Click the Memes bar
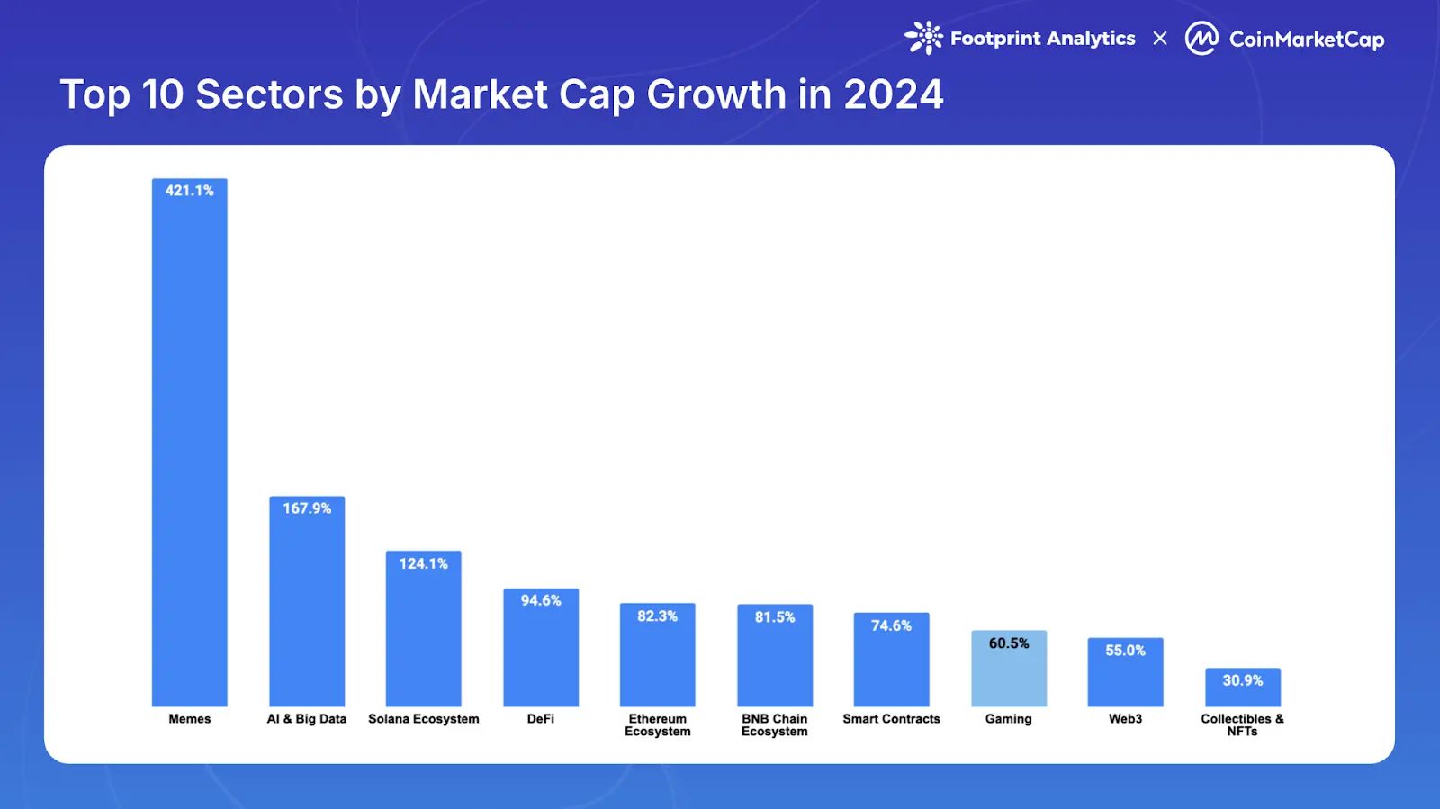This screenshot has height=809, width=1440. (x=189, y=450)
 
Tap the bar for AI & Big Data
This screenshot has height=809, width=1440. (x=307, y=612)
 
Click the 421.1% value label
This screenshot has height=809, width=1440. (x=189, y=191)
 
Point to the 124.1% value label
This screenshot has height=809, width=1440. (x=423, y=563)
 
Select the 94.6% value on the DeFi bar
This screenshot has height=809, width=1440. (x=540, y=600)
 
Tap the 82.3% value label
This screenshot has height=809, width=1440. (x=657, y=616)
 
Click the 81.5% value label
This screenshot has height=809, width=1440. (x=774, y=617)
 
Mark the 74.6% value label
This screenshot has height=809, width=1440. (x=891, y=625)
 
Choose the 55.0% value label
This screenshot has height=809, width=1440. (x=1125, y=651)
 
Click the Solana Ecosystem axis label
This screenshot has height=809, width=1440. (x=423, y=719)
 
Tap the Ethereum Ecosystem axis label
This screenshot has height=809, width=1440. (x=657, y=725)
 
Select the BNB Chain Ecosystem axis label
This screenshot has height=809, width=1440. (x=774, y=725)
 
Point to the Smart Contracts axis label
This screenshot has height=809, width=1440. (x=891, y=719)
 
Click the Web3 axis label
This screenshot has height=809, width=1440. (x=1125, y=719)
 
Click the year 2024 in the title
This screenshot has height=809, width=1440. (x=893, y=94)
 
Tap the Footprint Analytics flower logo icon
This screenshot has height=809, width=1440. (x=924, y=38)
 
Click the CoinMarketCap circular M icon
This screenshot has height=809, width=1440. (x=1201, y=39)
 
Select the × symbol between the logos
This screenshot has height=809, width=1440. (x=1160, y=39)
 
